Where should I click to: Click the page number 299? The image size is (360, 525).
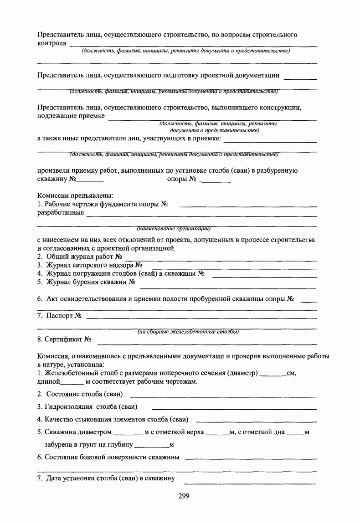click(184, 496)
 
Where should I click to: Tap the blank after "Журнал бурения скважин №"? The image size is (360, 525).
click(228, 284)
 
